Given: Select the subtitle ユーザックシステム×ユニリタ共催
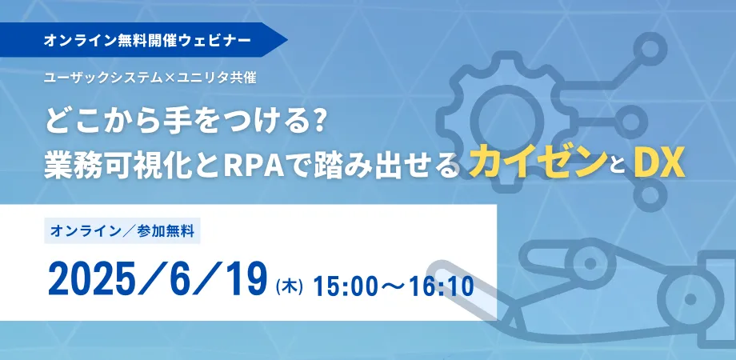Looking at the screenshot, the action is coord(150,78).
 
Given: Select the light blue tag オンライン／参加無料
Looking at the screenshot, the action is coord(122,231).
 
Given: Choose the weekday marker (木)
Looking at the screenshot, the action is coord(289,286).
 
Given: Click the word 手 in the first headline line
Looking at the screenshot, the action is coord(170,121).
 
